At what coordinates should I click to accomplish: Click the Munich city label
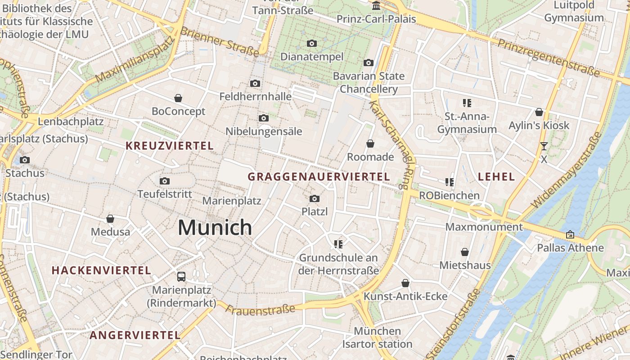(215, 227)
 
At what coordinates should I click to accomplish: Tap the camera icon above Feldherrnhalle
(255, 83)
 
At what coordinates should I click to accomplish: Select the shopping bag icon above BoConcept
(178, 98)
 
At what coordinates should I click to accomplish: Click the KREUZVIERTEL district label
(170, 146)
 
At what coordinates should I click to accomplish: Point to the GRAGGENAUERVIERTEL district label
(319, 177)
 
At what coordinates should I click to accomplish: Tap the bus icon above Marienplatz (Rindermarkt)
(181, 276)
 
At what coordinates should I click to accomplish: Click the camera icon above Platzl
(315, 198)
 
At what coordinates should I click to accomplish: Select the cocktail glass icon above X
(544, 146)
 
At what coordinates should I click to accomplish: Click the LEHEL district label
(496, 177)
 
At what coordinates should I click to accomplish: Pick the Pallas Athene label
(570, 248)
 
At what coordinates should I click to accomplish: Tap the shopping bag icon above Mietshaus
(465, 252)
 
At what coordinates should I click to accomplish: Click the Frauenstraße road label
(260, 309)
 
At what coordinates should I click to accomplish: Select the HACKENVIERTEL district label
(101, 270)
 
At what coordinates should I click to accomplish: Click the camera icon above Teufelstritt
(165, 181)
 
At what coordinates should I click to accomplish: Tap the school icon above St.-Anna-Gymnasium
(467, 103)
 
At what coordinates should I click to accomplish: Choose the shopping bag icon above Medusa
(110, 219)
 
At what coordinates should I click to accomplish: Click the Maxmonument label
(484, 227)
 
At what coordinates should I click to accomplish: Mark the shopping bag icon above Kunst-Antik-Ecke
(405, 283)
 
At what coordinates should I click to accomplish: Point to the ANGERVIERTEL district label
(135, 335)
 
